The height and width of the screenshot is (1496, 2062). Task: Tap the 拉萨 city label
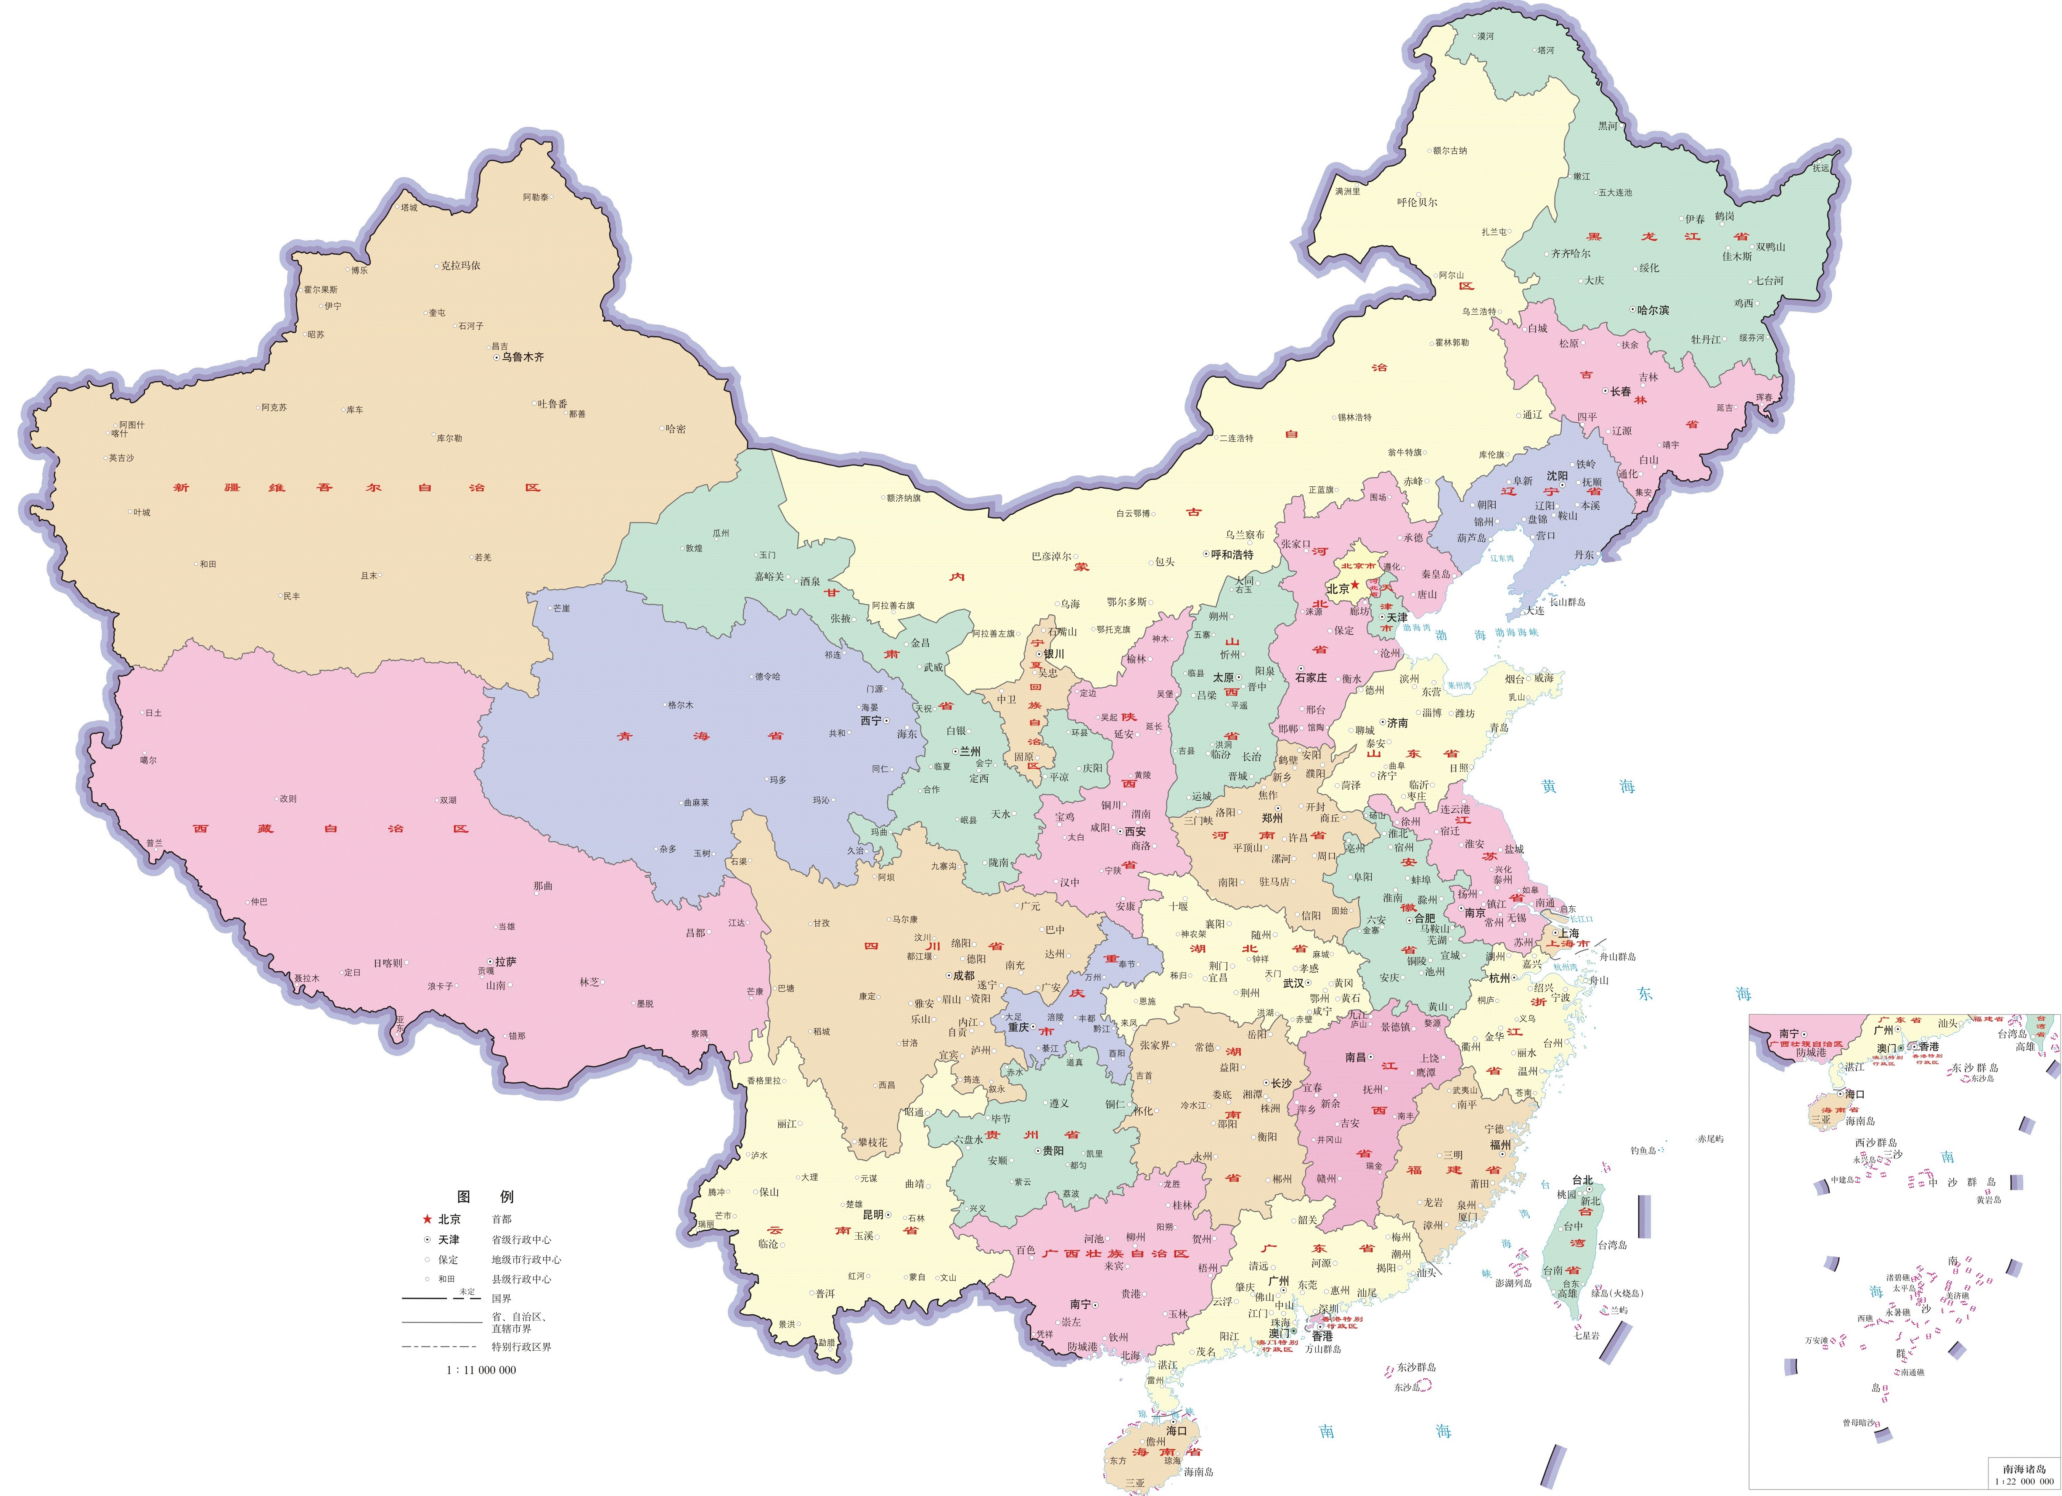(x=506, y=961)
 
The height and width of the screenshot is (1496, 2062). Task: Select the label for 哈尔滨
(x=1653, y=310)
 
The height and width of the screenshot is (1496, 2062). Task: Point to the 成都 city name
(x=964, y=976)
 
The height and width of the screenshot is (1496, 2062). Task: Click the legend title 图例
(x=485, y=1196)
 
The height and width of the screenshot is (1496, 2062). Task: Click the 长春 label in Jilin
(x=1620, y=392)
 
